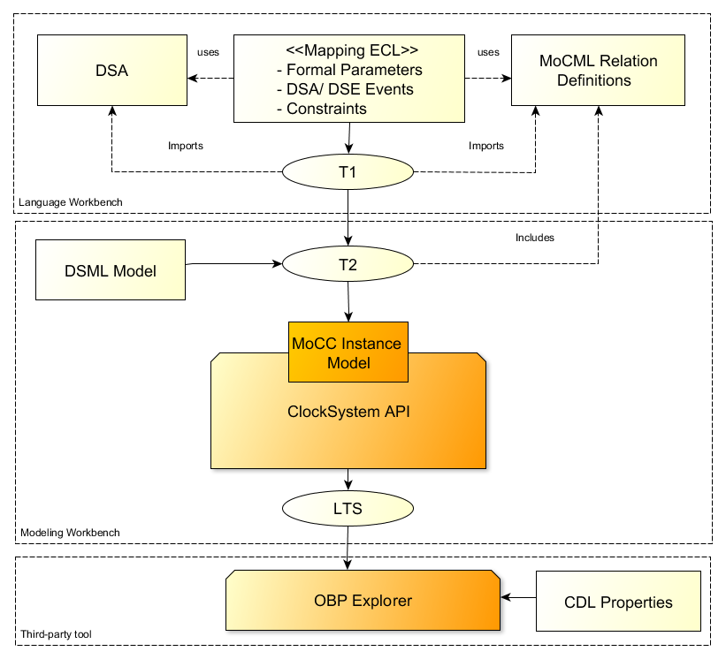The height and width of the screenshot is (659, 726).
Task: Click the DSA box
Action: (111, 71)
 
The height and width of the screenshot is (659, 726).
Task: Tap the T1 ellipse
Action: (348, 172)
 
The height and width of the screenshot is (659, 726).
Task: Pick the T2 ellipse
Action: (348, 264)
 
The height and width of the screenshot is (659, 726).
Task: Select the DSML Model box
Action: (111, 270)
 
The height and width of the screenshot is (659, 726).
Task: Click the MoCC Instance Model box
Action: (348, 352)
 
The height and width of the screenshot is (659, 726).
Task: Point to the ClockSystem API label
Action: (348, 411)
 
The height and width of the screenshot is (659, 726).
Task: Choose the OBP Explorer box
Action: (363, 601)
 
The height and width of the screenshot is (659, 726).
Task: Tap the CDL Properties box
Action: (618, 602)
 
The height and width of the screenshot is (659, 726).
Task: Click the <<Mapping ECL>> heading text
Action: (352, 50)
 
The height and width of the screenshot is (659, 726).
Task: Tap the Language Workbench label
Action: (71, 202)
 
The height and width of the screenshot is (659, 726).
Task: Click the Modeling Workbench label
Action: (70, 533)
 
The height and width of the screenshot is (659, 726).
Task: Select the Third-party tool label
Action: (56, 634)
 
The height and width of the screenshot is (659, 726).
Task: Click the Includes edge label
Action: (534, 237)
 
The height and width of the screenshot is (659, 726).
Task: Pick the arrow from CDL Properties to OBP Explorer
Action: (518, 598)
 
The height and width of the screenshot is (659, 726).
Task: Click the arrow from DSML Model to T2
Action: (234, 263)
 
